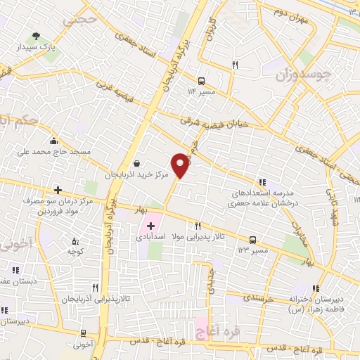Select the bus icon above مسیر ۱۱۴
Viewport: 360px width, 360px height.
pos(202,80)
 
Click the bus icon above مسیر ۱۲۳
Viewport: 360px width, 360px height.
pos(252,240)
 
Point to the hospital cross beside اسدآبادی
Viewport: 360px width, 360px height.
pos(150,226)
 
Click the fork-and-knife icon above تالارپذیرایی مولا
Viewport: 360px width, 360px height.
pos(198,226)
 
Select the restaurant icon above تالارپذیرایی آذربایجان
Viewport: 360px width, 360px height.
pos(95,287)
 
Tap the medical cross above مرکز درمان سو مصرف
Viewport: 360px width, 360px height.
pos(58,190)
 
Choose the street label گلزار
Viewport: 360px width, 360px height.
pos(208,32)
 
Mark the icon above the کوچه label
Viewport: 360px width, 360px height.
pos(72,239)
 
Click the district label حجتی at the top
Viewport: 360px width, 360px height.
pos(78,20)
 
